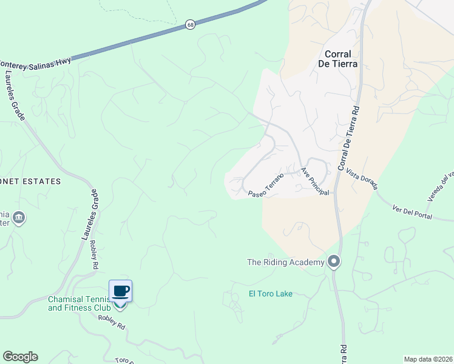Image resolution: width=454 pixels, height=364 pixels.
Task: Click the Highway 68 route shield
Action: pos(191,25)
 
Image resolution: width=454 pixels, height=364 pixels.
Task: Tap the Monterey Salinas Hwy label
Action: pos(36,61)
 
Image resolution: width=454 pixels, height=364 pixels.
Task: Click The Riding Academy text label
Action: pos(285,262)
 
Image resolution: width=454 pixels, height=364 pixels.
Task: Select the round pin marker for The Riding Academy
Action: pos(333,262)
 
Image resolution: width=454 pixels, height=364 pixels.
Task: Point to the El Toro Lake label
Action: pos(271,294)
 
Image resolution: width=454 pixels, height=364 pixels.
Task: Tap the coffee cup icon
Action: pos(120,291)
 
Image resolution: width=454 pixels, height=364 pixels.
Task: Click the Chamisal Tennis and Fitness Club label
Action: pos(79,303)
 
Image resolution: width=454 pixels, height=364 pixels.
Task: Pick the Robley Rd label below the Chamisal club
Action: pos(111,322)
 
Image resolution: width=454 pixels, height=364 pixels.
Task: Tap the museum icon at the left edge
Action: pos(19,217)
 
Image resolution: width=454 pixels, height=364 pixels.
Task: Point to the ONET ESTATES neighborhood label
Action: pos(30,181)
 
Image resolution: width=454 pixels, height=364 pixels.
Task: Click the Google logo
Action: pos(20,357)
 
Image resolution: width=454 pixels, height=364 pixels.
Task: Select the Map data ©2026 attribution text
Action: pos(427,359)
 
